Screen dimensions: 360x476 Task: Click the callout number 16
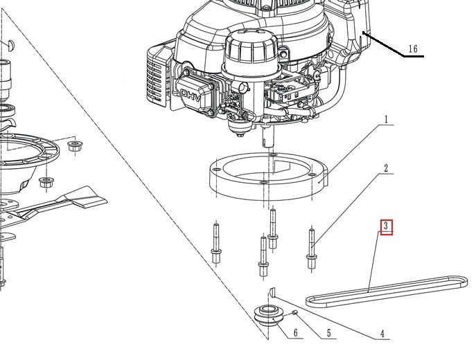(x=413, y=48)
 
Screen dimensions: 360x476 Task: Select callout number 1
(x=386, y=120)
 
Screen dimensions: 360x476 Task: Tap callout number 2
(x=386, y=168)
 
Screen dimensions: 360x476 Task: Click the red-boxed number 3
(x=387, y=226)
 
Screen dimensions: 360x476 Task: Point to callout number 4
(x=382, y=334)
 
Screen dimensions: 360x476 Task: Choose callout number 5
(x=328, y=334)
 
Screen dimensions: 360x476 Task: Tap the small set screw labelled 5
(x=296, y=313)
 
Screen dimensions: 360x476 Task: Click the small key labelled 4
(x=272, y=291)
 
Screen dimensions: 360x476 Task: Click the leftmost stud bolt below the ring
(x=215, y=243)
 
